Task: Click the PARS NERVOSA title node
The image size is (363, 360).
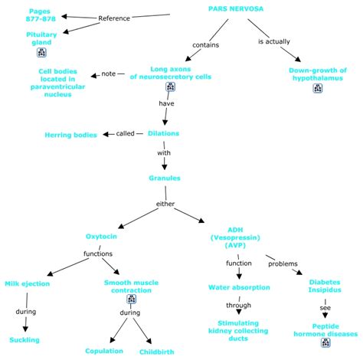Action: [x=236, y=8]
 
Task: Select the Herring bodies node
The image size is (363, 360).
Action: [x=70, y=135]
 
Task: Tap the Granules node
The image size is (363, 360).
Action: [x=165, y=178]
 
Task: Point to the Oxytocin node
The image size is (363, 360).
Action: [x=101, y=237]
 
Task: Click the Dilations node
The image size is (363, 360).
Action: [x=164, y=133]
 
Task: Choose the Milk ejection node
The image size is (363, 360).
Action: [x=28, y=283]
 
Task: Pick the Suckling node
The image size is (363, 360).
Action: [x=25, y=340]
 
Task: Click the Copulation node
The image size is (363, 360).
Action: [x=104, y=351]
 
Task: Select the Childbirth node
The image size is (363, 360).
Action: [x=157, y=352]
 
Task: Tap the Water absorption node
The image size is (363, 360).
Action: [x=239, y=287]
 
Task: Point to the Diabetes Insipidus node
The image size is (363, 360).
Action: [x=325, y=286]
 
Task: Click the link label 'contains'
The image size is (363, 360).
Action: [x=206, y=45]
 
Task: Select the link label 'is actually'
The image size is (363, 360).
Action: [x=274, y=41]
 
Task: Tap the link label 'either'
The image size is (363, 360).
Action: [x=165, y=204]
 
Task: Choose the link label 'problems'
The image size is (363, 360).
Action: [x=283, y=263]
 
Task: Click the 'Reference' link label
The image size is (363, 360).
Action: [x=114, y=18]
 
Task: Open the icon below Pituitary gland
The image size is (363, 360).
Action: [x=41, y=52]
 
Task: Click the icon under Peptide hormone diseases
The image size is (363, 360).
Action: [x=325, y=342]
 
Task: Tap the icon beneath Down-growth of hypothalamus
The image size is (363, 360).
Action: [x=318, y=88]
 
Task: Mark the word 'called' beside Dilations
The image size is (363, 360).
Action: [x=126, y=133]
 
